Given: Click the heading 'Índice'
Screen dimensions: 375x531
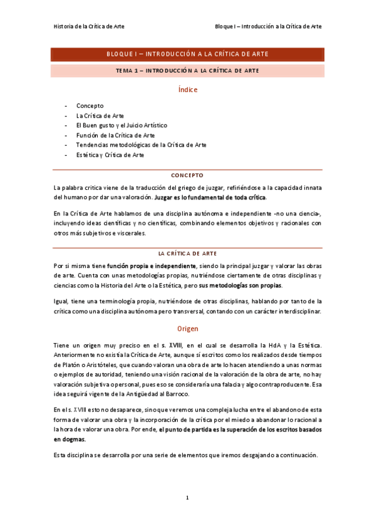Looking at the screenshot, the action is click(187, 90).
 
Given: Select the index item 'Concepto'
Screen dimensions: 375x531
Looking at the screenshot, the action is click(90, 106).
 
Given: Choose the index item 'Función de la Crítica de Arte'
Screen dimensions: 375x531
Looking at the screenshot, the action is click(115, 135).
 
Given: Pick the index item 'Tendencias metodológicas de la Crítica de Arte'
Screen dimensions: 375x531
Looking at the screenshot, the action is click(141, 145).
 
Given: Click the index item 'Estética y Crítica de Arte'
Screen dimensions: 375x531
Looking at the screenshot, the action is click(110, 155).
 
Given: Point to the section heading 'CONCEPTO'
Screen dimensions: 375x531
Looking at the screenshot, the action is click(187, 175).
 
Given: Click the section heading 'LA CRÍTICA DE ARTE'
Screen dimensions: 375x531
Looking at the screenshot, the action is click(187, 253).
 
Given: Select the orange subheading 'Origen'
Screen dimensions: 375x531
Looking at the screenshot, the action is click(187, 328).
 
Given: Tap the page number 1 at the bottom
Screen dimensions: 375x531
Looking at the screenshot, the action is click(187, 498).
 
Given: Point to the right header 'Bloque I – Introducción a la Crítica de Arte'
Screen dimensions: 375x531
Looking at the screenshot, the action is click(268, 27).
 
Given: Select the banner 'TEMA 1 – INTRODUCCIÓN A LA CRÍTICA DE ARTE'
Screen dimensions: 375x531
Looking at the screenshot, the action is click(187, 71).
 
